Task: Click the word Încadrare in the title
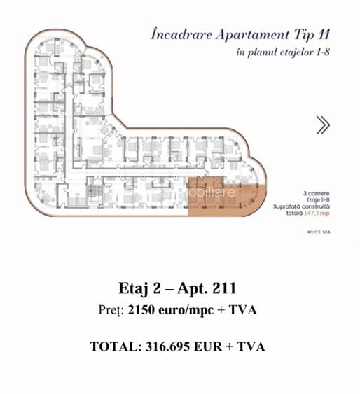181,34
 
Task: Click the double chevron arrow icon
323,125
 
